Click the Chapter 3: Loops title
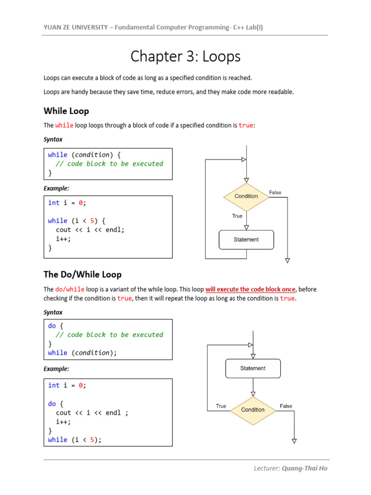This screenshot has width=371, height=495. click(185, 57)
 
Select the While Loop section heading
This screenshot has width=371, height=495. click(66, 111)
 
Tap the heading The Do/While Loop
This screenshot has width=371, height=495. click(82, 274)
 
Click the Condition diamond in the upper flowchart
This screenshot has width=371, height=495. click(246, 196)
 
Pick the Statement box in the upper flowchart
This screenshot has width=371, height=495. click(246, 239)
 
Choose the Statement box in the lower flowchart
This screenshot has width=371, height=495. click(253, 368)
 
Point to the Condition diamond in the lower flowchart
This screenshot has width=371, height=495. click(253, 409)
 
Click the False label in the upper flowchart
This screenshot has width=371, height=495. click(275, 192)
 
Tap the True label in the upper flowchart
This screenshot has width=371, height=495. click(237, 216)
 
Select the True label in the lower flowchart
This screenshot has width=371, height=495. click(221, 406)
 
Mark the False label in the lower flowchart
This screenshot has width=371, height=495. click(286, 406)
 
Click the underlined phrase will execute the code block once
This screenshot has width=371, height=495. click(250, 289)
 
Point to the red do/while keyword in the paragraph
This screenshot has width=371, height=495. click(70, 289)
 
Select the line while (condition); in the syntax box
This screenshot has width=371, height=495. click(82, 353)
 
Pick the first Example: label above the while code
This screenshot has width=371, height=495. click(57, 188)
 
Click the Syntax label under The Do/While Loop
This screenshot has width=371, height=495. click(53, 312)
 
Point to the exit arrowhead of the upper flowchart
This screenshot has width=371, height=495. click(287, 261)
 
